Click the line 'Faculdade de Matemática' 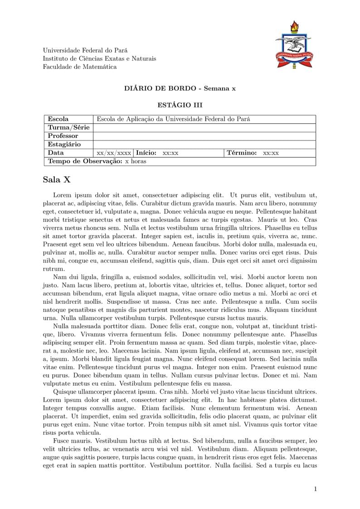tap(79, 67)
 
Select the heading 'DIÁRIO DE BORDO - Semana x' tap(180, 88)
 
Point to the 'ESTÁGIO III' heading tap(180, 105)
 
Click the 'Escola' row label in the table tap(58, 119)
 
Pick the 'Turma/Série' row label tap(68, 127)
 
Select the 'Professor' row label tap(63, 136)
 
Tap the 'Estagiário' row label tap(64, 145)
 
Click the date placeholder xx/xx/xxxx tap(114, 153)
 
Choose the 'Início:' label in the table tap(146, 153)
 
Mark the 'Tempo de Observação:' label tap(85, 161)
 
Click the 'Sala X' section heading tap(57, 179)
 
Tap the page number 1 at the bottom tap(315, 489)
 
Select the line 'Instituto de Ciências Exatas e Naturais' tap(99, 58)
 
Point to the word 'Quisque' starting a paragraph tap(65, 391)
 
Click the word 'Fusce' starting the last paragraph tap(62, 441)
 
